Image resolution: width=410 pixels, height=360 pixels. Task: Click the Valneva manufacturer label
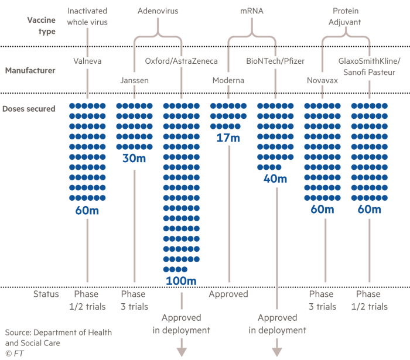pyautogui.click(x=87, y=61)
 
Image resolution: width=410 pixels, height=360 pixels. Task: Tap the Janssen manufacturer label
pyautogui.click(x=134, y=81)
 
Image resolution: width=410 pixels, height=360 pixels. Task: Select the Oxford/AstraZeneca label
pyautogui.click(x=182, y=61)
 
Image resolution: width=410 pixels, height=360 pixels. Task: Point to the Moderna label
pyautogui.click(x=228, y=81)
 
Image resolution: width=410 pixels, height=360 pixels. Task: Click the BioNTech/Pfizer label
pyautogui.click(x=275, y=61)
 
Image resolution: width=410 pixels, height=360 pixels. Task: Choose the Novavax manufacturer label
pyautogui.click(x=322, y=81)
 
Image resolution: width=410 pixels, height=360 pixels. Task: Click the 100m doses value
pyautogui.click(x=181, y=281)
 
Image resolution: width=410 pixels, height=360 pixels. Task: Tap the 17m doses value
pyautogui.click(x=228, y=139)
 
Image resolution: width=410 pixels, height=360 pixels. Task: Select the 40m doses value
pyautogui.click(x=275, y=179)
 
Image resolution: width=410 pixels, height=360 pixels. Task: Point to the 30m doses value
pyautogui.click(x=134, y=159)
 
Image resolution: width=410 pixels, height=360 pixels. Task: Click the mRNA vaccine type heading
pyautogui.click(x=252, y=11)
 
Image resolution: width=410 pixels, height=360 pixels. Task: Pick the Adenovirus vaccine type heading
pyautogui.click(x=158, y=11)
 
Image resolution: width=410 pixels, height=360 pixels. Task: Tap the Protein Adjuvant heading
pyautogui.click(x=346, y=16)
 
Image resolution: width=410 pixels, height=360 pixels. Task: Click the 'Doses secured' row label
pyautogui.click(x=29, y=109)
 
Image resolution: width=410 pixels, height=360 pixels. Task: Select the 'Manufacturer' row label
pyautogui.click(x=30, y=71)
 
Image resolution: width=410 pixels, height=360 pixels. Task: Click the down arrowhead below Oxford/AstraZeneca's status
pyautogui.click(x=182, y=351)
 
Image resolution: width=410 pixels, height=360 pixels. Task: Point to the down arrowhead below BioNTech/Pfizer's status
pyautogui.click(x=277, y=351)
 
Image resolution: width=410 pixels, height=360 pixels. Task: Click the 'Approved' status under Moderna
pyautogui.click(x=228, y=294)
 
